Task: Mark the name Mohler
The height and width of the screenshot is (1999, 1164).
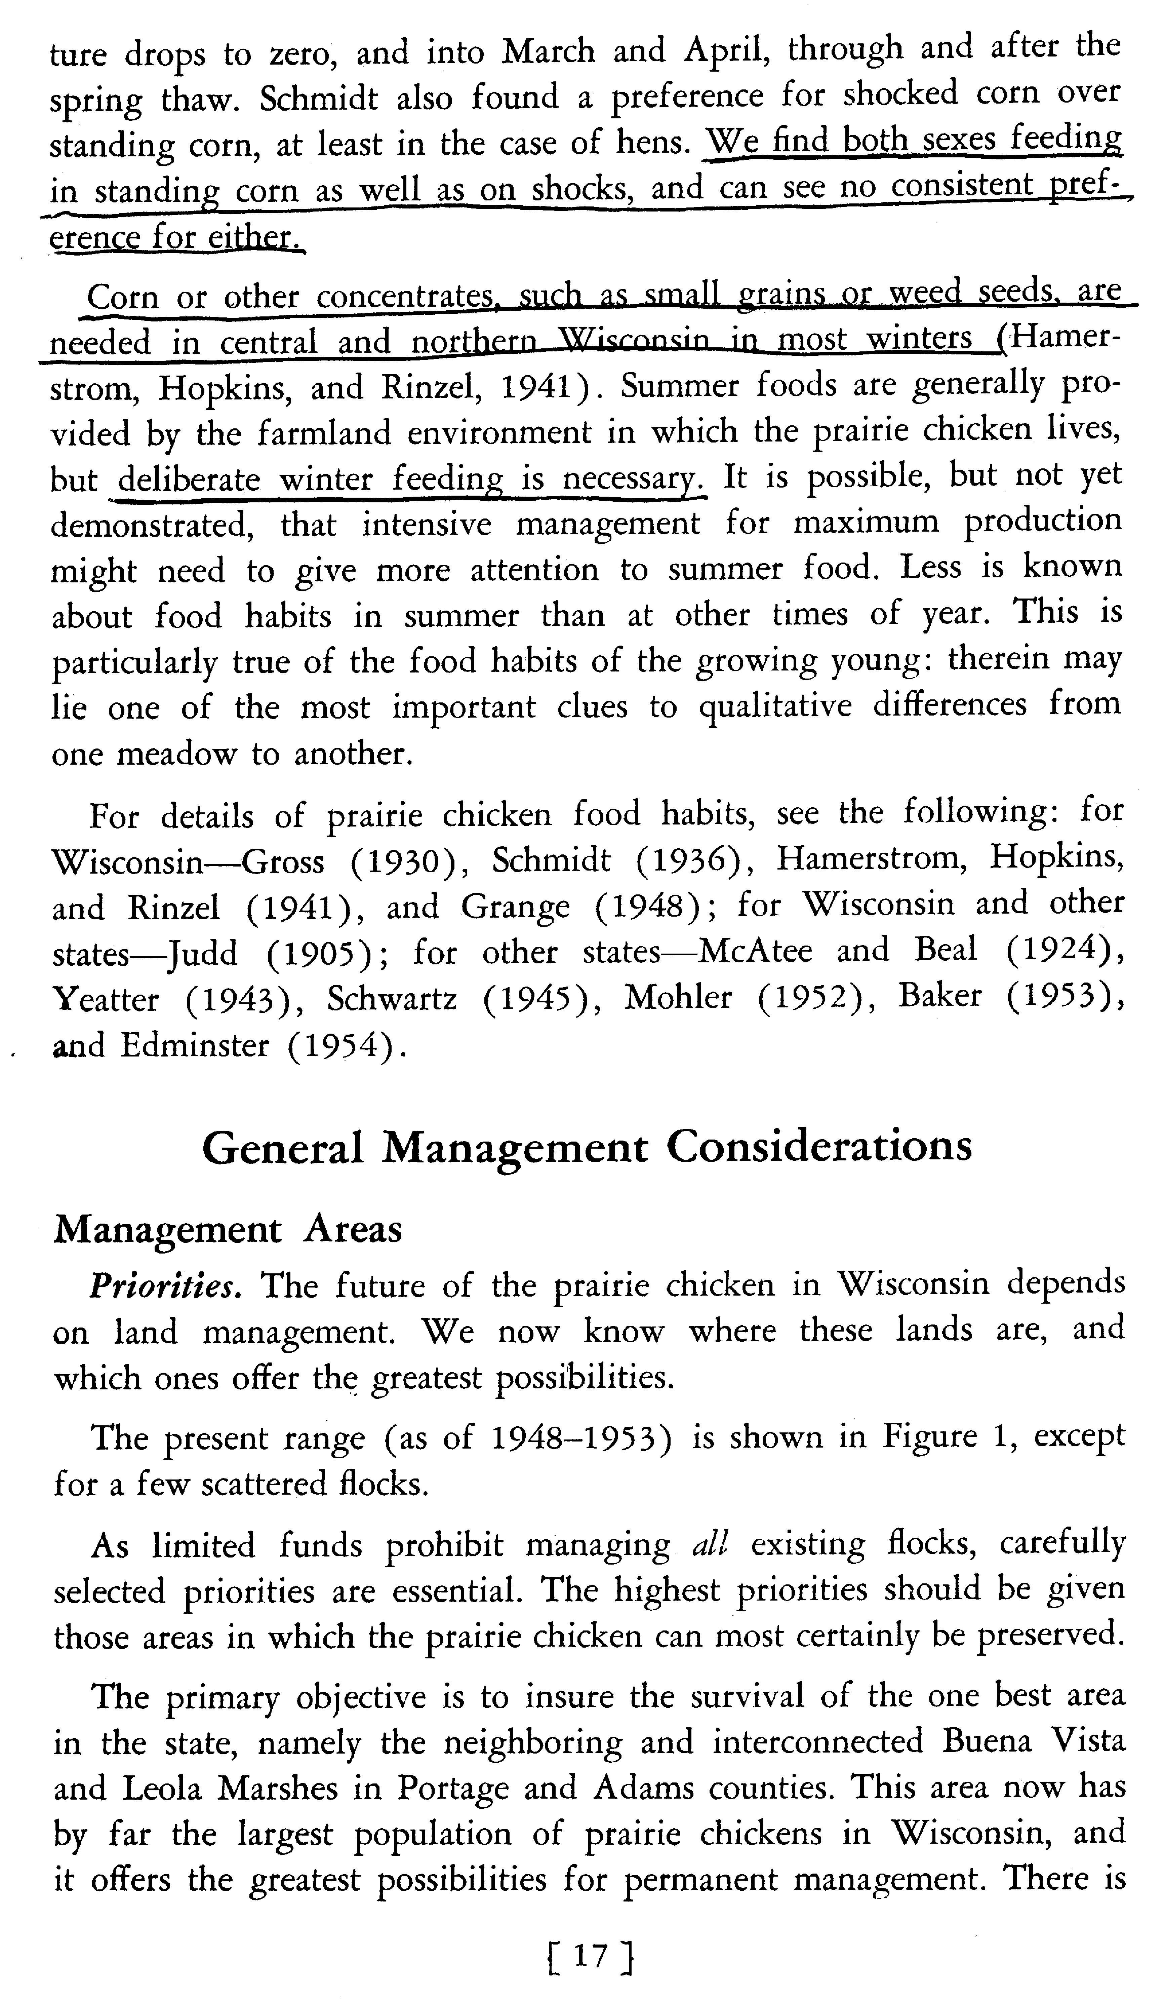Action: [678, 998]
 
